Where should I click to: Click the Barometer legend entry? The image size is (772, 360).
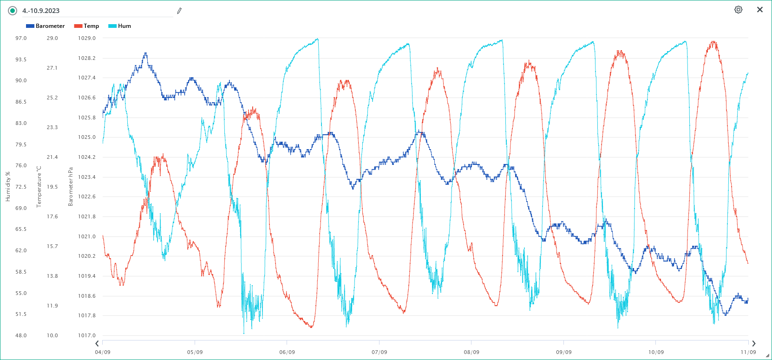coord(46,26)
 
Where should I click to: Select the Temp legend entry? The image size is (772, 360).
coord(87,26)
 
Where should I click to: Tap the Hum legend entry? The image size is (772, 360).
coord(120,26)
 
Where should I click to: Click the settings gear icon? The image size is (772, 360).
coord(738,10)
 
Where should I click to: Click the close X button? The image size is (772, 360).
coord(760,10)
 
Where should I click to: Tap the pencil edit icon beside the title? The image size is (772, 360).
coord(179,11)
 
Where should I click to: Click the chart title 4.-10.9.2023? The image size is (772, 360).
coord(41,11)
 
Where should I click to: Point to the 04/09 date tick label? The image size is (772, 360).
coord(103,352)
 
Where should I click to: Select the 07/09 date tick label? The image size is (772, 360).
coord(379,352)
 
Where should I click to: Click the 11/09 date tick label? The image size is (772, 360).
coord(748,352)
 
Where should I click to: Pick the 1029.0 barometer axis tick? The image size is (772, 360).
coord(86,38)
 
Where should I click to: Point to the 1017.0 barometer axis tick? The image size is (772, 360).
coord(86,335)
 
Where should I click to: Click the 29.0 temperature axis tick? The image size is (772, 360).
coord(52,38)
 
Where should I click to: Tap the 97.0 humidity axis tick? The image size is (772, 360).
coord(21,38)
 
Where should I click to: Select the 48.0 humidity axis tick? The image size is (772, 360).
coord(21,335)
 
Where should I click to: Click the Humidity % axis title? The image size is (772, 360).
coord(8,187)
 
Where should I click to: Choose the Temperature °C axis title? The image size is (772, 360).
coord(39,187)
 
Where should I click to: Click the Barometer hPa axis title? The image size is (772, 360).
coord(71,187)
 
